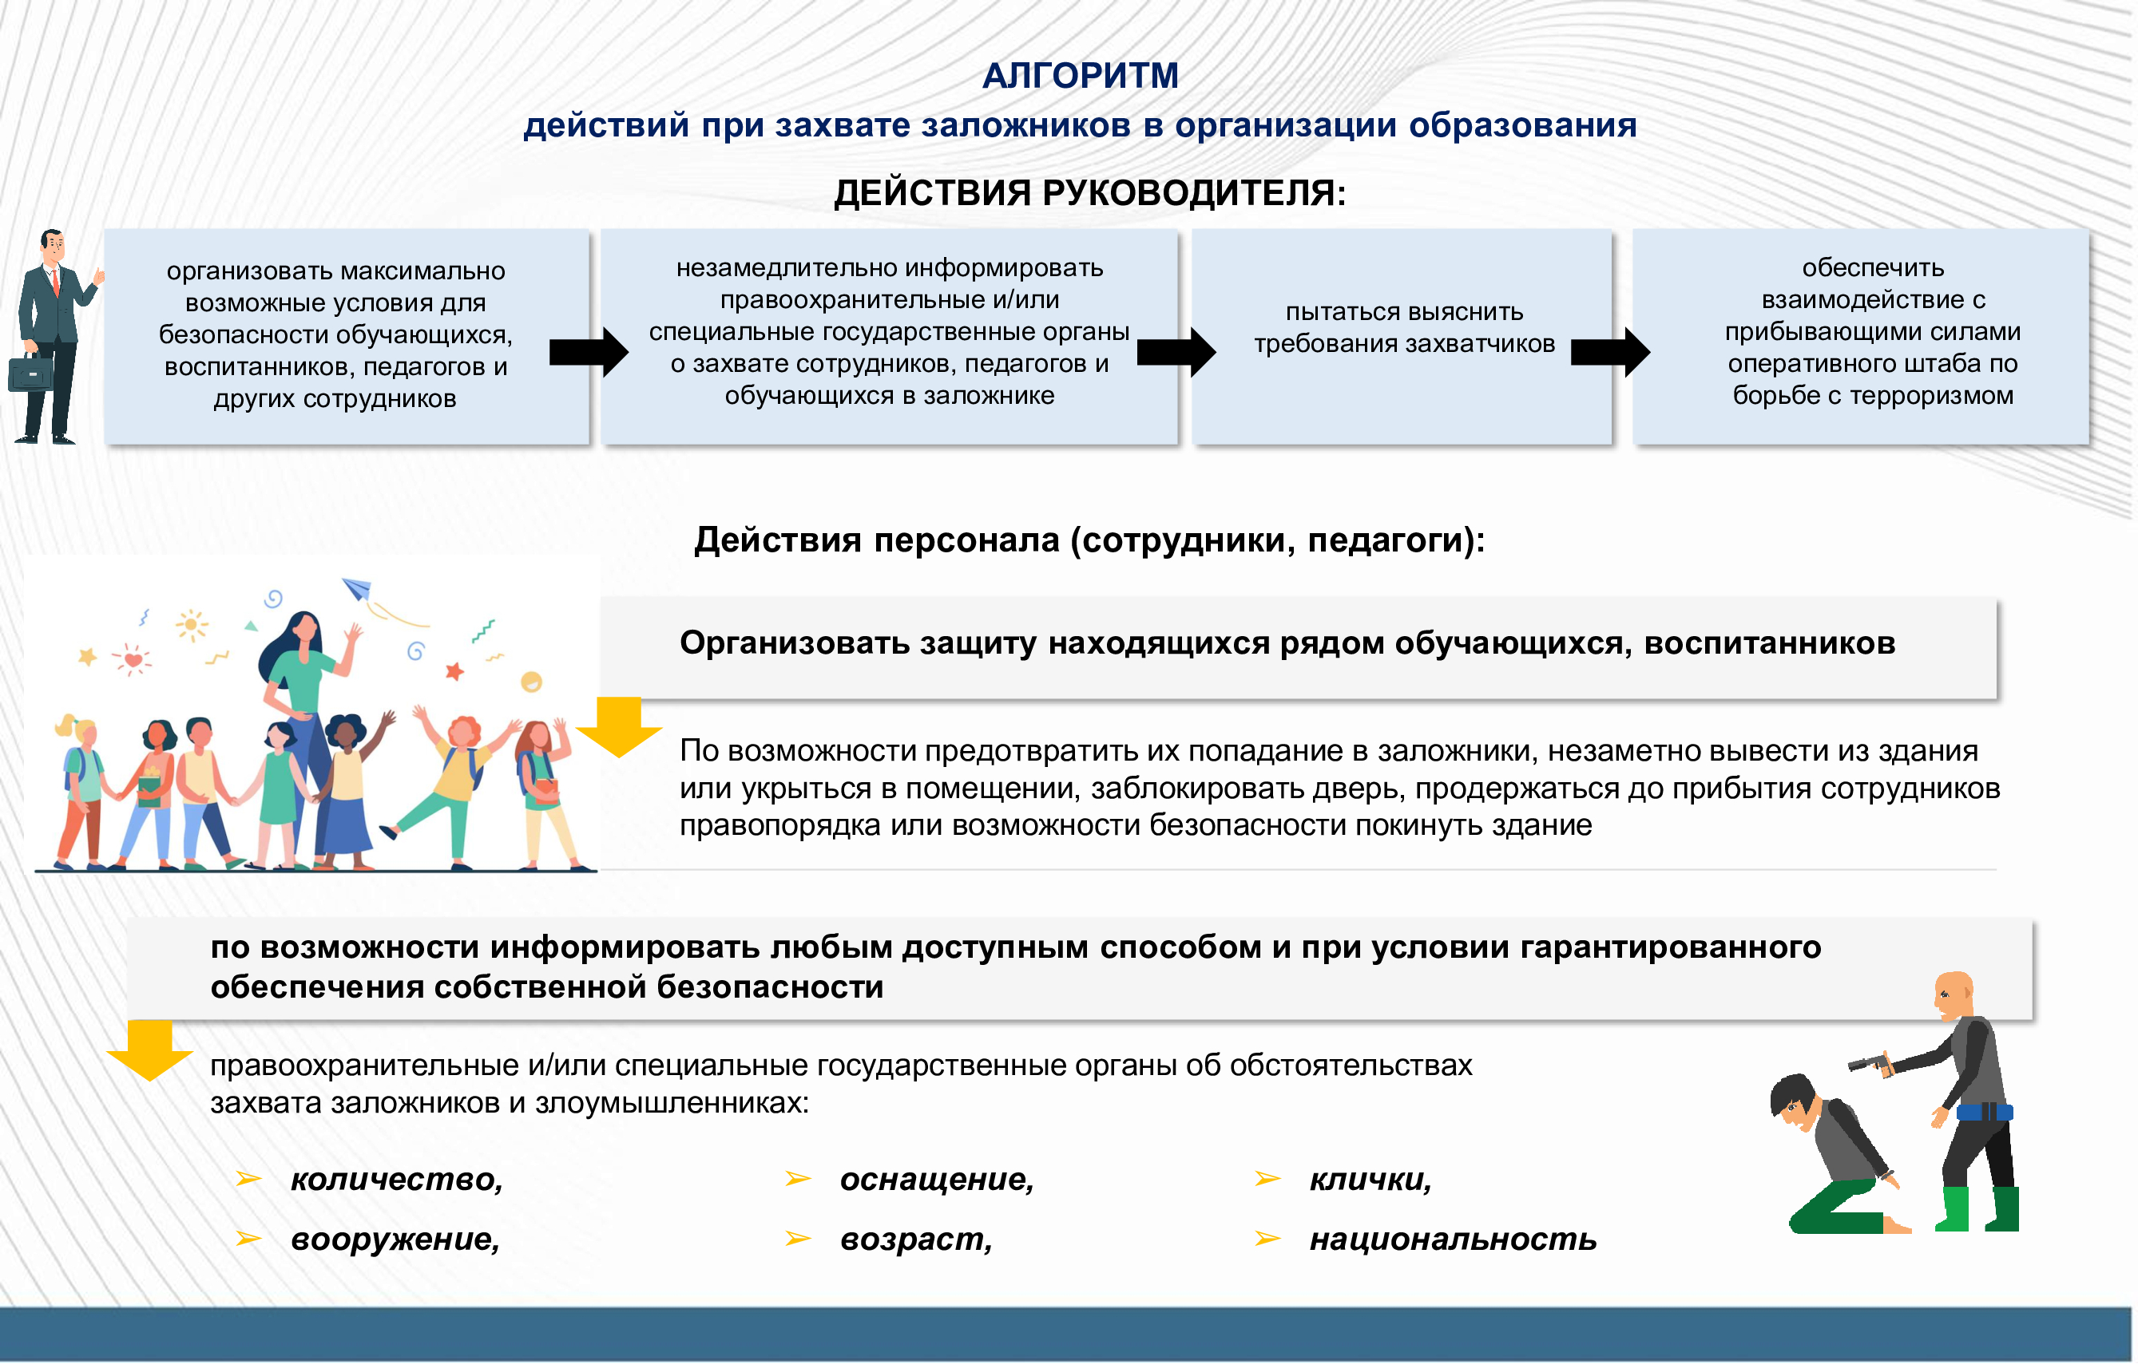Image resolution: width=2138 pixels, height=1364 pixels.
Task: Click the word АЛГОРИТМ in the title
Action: [1080, 76]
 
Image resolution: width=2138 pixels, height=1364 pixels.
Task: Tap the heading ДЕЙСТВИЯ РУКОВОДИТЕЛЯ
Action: [1089, 192]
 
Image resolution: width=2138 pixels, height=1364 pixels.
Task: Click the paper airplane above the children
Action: [356, 587]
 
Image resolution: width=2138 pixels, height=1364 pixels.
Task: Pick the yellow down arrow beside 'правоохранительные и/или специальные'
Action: [149, 1049]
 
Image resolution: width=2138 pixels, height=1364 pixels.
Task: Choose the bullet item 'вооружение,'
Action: [395, 1239]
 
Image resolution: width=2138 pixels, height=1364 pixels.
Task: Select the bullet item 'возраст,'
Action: [915, 1239]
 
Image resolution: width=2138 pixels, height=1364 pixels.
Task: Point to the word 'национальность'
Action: [1453, 1239]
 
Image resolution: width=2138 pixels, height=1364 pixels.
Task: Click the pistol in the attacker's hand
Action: [1867, 1062]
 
